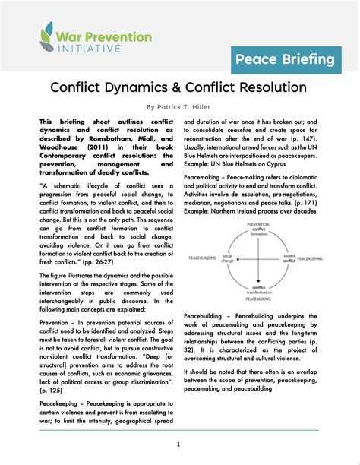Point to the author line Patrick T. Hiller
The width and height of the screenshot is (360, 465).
[x=180, y=108]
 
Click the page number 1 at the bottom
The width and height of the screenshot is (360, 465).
[x=180, y=444]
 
